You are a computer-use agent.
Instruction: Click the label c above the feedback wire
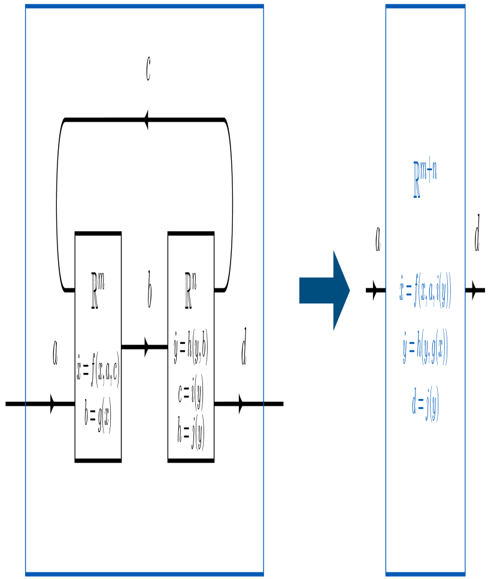click(x=148, y=70)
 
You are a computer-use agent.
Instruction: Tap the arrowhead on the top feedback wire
click(x=146, y=120)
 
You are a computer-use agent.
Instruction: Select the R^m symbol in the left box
click(x=98, y=291)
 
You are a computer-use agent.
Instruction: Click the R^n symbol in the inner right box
click(x=190, y=291)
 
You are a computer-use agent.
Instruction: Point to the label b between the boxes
click(x=149, y=290)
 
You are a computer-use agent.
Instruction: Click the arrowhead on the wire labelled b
click(x=147, y=346)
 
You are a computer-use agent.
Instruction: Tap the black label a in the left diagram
click(x=56, y=353)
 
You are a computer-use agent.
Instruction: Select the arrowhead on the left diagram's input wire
click(x=53, y=404)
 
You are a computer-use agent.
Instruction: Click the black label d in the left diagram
click(x=244, y=352)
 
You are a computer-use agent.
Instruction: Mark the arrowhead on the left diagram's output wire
click(x=241, y=404)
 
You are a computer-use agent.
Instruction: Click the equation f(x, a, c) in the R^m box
click(x=98, y=371)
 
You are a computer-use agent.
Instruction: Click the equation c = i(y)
click(x=190, y=393)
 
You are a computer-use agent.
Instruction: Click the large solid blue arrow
click(x=324, y=291)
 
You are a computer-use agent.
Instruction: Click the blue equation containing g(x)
click(x=425, y=346)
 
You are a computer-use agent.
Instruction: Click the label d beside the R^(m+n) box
click(x=477, y=239)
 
